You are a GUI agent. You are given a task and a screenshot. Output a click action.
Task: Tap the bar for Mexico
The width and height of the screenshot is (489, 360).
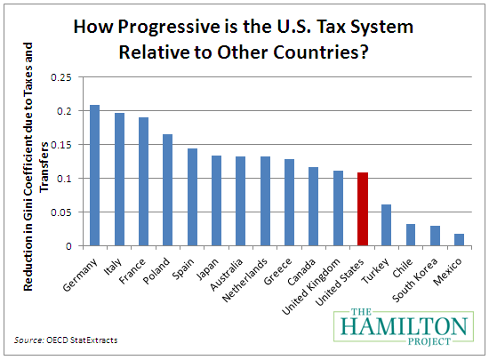click(x=460, y=239)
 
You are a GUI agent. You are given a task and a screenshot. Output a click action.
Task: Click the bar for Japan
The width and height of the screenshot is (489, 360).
click(x=216, y=200)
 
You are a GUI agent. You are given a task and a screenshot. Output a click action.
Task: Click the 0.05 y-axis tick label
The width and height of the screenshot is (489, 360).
click(x=60, y=212)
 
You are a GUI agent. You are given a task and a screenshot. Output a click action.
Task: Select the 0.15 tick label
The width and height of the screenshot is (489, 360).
click(x=60, y=145)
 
